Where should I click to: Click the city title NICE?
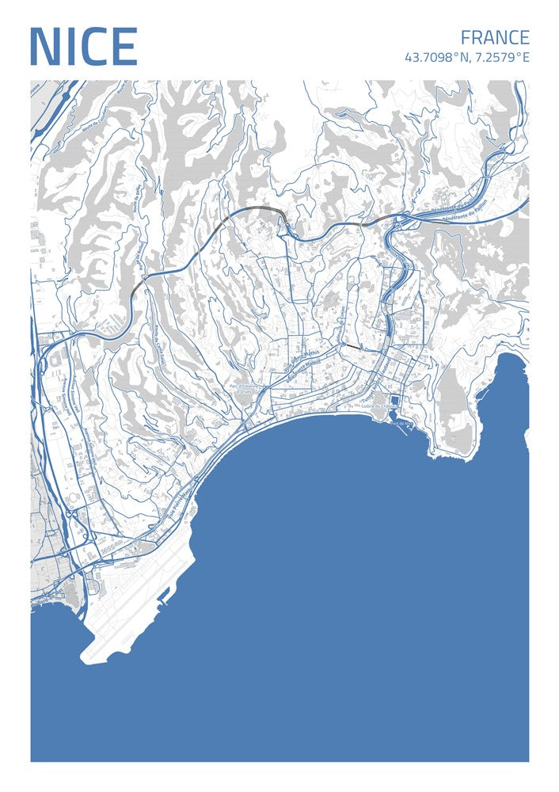(83, 48)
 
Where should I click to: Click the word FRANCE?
(494, 37)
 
